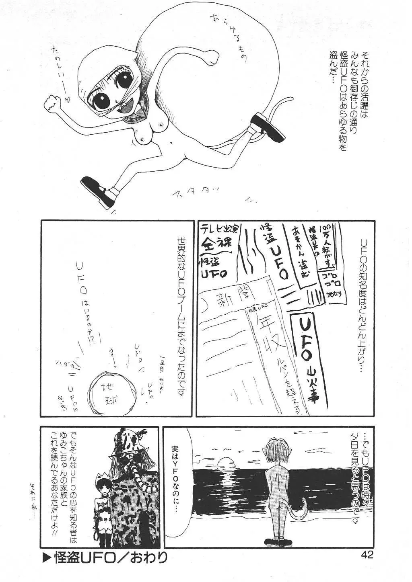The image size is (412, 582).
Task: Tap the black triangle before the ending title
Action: (x=46, y=557)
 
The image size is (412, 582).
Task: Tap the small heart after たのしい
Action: (x=67, y=97)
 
